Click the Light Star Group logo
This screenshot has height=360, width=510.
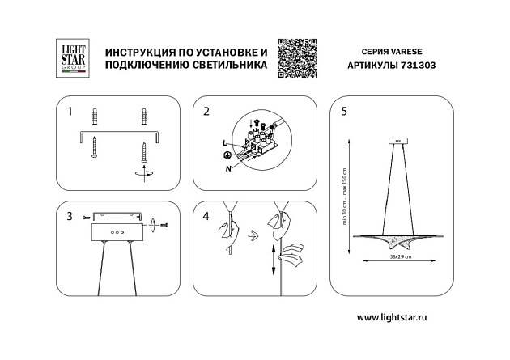point(69,58)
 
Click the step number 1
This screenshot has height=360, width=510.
point(70,111)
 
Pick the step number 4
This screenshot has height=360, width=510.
point(206,216)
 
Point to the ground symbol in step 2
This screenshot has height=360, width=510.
point(228,155)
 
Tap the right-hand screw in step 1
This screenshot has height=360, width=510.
point(143,151)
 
